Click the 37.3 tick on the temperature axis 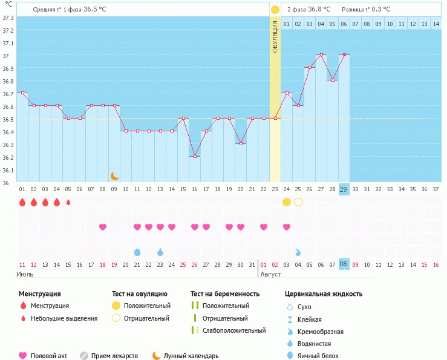[8, 18]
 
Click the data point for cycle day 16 [195, 156]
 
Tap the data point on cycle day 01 [22, 93]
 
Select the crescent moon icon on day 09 [114, 176]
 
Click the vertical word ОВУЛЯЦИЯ [275, 37]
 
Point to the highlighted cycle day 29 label [344, 189]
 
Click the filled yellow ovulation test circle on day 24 [287, 201]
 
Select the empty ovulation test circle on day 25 [298, 201]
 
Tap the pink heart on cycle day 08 [103, 227]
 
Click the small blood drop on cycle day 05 [68, 202]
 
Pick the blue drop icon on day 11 [137, 252]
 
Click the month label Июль [25, 274]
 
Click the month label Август [270, 274]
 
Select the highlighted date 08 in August [344, 264]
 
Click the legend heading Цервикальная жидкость [324, 294]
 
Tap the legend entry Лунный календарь [191, 356]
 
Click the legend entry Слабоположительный [234, 330]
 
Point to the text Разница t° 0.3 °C [366, 9]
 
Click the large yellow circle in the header [275, 9]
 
